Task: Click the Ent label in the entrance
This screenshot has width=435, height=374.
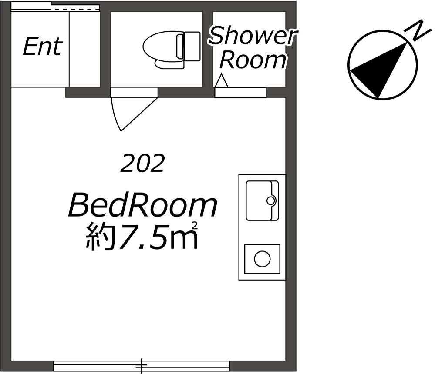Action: click(42, 47)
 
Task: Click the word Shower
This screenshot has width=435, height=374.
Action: click(253, 37)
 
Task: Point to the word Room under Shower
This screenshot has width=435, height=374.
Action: click(253, 60)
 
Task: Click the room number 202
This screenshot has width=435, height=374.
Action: click(143, 164)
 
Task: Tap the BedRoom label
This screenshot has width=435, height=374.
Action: click(143, 206)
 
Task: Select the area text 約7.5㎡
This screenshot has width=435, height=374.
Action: click(142, 237)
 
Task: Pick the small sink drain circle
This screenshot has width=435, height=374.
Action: click(271, 200)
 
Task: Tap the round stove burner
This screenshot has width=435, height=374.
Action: click(262, 260)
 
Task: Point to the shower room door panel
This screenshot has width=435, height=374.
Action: click(240, 93)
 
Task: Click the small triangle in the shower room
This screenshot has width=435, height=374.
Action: click(222, 81)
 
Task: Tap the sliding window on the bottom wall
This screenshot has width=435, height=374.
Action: click(141, 366)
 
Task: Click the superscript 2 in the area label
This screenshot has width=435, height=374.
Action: click(195, 225)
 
